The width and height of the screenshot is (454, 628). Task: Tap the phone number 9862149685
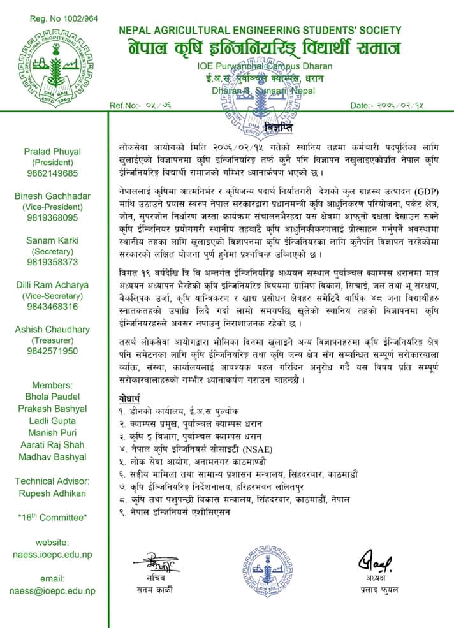(x=52, y=173)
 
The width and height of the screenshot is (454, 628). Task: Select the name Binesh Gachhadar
(x=52, y=196)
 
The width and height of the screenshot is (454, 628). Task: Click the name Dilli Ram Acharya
(x=52, y=284)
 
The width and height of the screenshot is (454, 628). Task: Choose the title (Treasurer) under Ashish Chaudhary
(x=52, y=340)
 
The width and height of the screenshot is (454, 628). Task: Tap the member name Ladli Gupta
(x=52, y=421)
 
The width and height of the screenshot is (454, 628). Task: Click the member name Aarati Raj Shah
(x=52, y=444)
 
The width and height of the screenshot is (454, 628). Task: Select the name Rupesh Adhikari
(x=52, y=493)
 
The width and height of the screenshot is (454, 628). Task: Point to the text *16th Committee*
(x=52, y=517)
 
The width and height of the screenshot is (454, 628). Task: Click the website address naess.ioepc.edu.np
(x=52, y=555)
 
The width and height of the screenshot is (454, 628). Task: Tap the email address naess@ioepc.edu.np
(x=52, y=591)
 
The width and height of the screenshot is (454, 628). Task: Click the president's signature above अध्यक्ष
(x=377, y=562)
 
